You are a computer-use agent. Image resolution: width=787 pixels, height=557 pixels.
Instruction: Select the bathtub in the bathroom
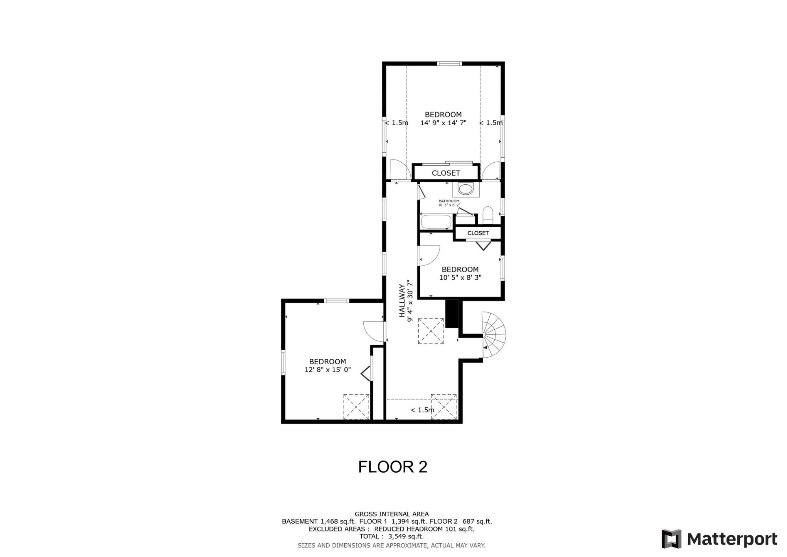436,222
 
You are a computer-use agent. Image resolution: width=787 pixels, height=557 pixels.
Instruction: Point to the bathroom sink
466,189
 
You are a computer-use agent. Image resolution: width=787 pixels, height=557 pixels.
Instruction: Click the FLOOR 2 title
392,467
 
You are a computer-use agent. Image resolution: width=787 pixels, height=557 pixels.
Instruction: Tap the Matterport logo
719,538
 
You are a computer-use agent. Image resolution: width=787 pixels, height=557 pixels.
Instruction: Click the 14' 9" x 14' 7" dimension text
443,123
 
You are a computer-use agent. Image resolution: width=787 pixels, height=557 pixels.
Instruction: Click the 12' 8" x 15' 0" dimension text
327,370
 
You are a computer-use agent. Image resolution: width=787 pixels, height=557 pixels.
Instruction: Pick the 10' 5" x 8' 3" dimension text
460,277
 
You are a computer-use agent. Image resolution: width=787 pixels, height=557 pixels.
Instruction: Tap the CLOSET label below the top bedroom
445,173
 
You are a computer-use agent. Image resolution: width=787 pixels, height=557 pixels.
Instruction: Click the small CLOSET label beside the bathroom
478,233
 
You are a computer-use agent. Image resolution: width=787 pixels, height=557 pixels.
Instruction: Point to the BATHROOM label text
449,201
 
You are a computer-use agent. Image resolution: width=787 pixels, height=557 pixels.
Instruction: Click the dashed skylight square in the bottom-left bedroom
357,407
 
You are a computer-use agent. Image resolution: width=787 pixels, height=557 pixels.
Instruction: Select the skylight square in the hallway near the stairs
430,331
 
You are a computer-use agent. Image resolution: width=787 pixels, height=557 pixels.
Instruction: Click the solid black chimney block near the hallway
452,313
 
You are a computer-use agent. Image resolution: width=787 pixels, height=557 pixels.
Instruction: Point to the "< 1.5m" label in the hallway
422,410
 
